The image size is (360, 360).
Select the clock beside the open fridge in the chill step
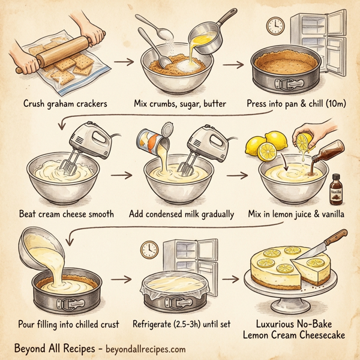pyautogui.click(x=275, y=25)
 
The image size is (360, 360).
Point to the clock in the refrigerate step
pyautogui.click(x=149, y=248)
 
